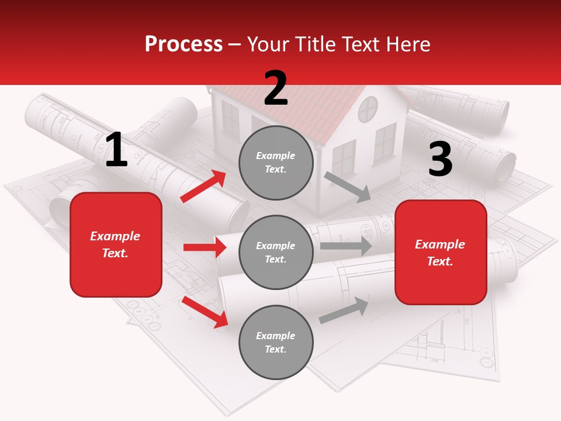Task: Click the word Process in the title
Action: tap(183, 44)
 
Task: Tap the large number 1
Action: tap(116, 150)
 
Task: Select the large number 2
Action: tap(276, 88)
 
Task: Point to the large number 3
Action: tap(440, 159)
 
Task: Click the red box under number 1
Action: tap(116, 244)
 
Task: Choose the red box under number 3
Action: tap(441, 253)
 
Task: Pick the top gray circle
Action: tap(276, 163)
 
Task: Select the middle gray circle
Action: tap(276, 252)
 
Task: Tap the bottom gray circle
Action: tap(276, 342)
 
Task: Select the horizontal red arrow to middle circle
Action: tap(205, 247)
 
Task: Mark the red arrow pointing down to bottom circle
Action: tap(205, 312)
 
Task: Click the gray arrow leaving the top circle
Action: tap(347, 187)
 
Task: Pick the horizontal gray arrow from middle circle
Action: tap(345, 246)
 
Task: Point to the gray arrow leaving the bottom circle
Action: tap(344, 310)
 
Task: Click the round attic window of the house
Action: tap(368, 109)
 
